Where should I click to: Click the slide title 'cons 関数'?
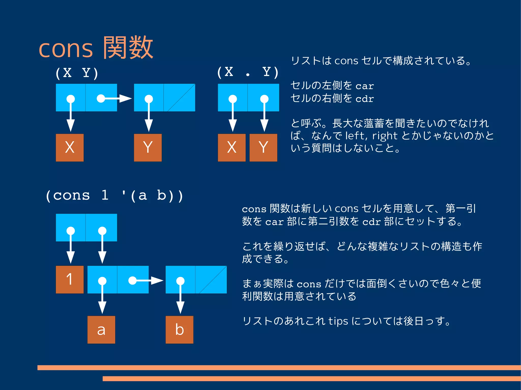96,48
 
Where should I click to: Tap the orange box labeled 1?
70,279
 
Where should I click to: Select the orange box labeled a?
101,330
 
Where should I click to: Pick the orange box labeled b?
179,330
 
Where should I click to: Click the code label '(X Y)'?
77,73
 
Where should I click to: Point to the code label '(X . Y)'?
248,72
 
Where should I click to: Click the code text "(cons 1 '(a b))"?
114,196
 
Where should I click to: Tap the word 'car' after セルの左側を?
365,86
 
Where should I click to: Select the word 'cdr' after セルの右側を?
365,98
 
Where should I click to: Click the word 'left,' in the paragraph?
356,136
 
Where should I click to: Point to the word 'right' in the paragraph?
385,136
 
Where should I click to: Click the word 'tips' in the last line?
338,321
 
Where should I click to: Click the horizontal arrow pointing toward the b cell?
146,280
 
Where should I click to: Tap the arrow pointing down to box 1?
70,246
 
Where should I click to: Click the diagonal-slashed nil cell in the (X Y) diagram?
179,98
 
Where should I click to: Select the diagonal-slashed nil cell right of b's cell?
211,279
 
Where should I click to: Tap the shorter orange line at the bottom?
312,379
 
